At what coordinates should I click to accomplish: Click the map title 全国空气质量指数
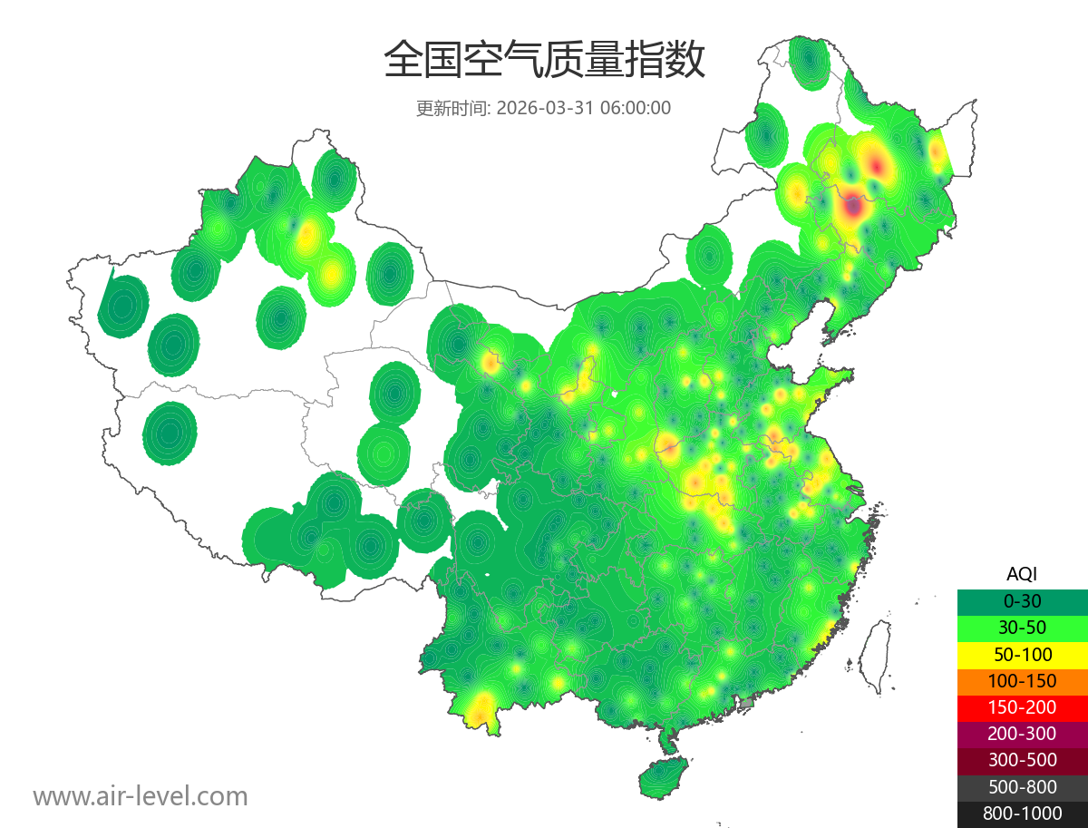[x=544, y=60]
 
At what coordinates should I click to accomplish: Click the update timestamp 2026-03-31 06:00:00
[x=584, y=108]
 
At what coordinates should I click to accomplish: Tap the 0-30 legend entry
[x=1022, y=601]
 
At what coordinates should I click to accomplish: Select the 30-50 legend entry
[x=1022, y=628]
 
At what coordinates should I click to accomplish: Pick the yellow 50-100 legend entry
[x=1022, y=654]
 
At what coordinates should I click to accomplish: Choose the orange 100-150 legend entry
[x=1022, y=680]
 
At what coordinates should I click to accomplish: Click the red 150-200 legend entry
[x=1022, y=707]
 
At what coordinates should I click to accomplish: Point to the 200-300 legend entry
[x=1022, y=734]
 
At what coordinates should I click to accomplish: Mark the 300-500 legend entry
[x=1022, y=760]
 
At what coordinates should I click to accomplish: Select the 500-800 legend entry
[x=1022, y=787]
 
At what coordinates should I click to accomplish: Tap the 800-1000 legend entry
[x=1022, y=813]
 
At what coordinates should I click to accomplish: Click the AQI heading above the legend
[x=1022, y=574]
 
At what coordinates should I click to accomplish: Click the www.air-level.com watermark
[x=141, y=796]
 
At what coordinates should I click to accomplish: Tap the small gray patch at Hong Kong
[x=747, y=703]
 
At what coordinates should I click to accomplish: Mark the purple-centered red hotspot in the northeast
[x=852, y=207]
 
